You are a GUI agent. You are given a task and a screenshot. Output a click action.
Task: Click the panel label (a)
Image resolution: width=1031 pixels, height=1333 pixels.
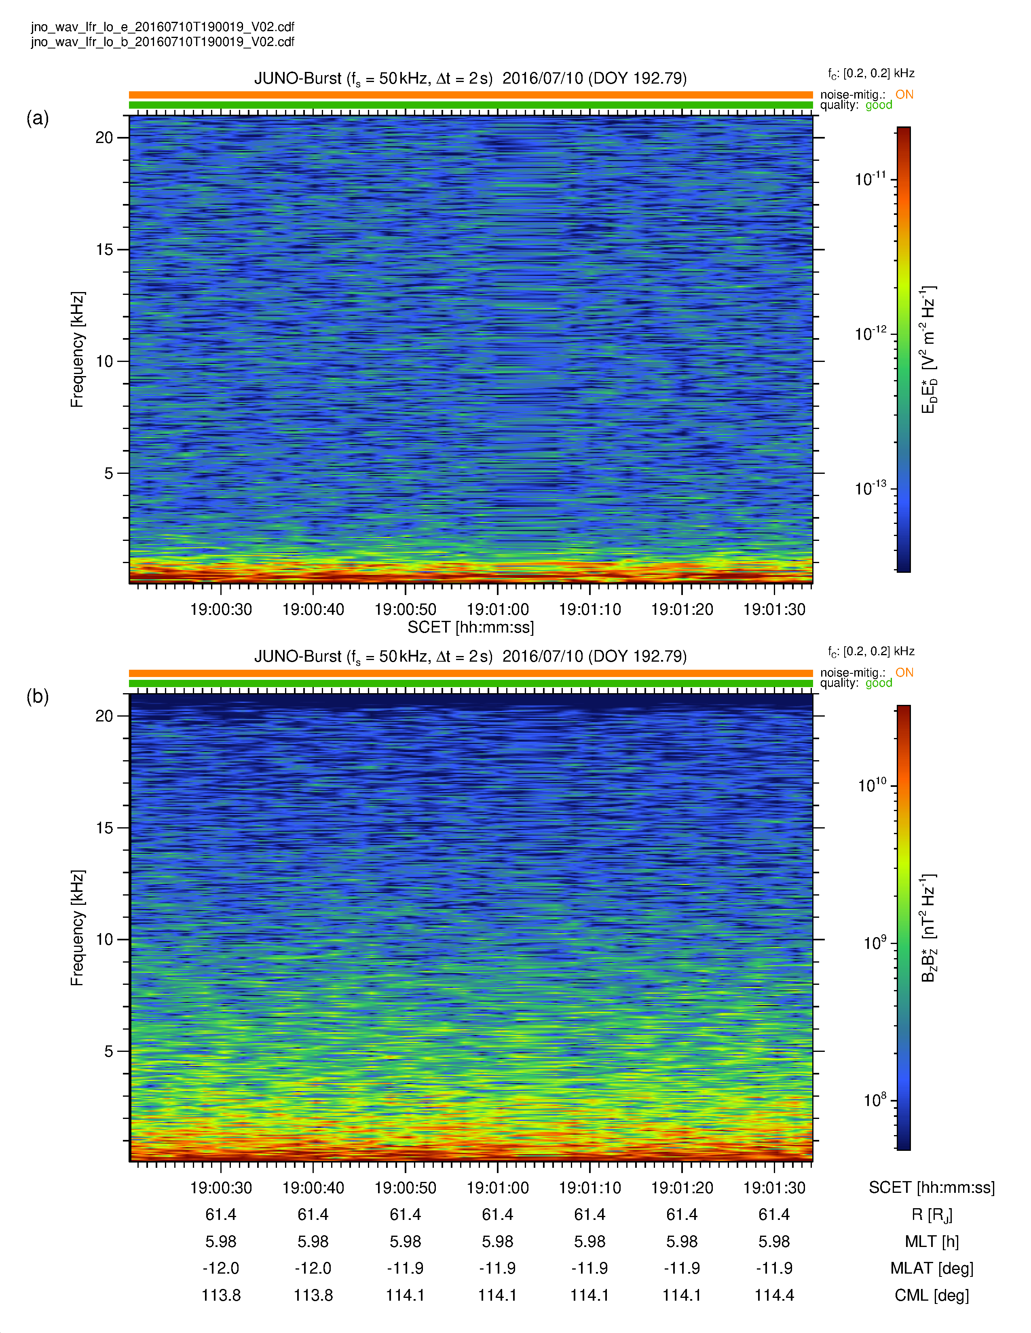click(x=37, y=118)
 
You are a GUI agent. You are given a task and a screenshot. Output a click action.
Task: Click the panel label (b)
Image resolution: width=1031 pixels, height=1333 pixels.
click(x=37, y=696)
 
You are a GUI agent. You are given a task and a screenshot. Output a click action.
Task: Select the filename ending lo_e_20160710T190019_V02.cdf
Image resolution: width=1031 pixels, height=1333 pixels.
click(x=163, y=27)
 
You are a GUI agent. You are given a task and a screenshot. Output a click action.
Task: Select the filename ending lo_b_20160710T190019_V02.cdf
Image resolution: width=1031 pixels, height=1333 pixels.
click(x=163, y=42)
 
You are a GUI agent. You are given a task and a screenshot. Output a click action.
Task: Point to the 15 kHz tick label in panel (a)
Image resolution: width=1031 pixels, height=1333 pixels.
click(x=104, y=250)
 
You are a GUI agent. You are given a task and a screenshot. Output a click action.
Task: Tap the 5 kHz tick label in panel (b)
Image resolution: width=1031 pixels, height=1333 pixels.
click(x=109, y=1051)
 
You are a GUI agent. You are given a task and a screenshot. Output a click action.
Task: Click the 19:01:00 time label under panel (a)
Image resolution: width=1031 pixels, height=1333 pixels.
click(x=497, y=609)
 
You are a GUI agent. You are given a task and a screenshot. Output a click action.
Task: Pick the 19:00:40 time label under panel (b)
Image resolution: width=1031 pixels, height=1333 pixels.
click(x=313, y=1188)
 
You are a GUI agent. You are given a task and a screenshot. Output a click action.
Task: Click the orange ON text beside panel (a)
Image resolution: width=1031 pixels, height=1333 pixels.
click(x=904, y=94)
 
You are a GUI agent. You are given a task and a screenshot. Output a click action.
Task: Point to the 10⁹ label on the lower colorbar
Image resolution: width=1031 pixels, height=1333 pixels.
click(x=874, y=943)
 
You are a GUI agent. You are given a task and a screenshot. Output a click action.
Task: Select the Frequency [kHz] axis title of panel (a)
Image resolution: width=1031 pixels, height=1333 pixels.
click(x=77, y=349)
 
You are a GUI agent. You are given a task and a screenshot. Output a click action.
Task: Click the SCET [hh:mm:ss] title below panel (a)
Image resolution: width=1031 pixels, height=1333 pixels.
click(x=470, y=627)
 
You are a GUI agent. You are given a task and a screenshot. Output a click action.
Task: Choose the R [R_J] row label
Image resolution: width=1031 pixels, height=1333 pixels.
click(x=932, y=1215)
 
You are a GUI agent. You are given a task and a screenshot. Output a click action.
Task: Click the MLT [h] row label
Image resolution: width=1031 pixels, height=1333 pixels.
click(x=932, y=1241)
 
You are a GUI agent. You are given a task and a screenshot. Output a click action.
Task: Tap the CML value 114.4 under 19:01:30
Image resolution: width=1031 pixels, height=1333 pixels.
click(x=774, y=1295)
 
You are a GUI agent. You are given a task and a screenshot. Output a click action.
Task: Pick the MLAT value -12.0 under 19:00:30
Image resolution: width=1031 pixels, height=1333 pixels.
click(x=220, y=1268)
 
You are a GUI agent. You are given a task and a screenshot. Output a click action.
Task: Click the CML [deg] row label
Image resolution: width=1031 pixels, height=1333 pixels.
click(x=932, y=1295)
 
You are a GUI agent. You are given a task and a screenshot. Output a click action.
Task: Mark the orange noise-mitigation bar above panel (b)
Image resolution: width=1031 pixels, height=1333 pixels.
click(x=470, y=673)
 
